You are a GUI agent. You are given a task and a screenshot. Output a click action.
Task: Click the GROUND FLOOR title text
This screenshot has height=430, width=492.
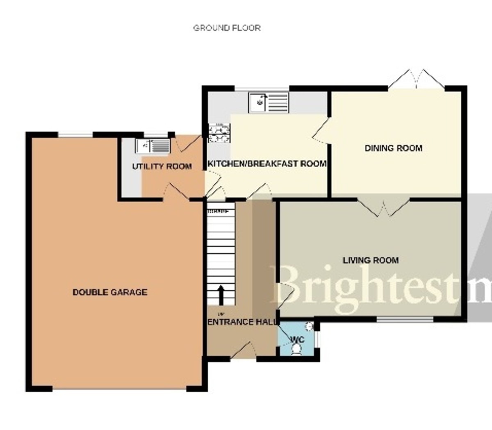tap(227, 28)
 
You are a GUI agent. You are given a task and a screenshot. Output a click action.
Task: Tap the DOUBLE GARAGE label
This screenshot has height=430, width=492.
tap(109, 292)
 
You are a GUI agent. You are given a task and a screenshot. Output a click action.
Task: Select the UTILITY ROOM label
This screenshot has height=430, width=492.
tap(162, 166)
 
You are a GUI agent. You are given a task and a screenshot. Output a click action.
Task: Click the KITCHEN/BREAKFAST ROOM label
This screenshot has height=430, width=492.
tap(267, 164)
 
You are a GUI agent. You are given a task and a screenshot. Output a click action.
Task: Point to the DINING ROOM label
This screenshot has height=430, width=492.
tap(393, 148)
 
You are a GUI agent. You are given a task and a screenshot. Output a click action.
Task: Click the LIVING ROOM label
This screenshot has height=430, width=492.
tap(371, 260)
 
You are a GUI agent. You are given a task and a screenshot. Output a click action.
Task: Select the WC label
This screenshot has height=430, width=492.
tap(298, 340)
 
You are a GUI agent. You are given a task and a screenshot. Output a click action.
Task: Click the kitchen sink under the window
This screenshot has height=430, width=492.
tap(269, 102)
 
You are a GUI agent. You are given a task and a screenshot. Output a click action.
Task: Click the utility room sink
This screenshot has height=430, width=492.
tap(153, 146)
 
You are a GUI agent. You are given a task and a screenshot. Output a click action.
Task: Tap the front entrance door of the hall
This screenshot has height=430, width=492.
tap(244, 351)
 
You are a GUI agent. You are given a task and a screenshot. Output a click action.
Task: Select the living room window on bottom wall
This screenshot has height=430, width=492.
tap(405, 319)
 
